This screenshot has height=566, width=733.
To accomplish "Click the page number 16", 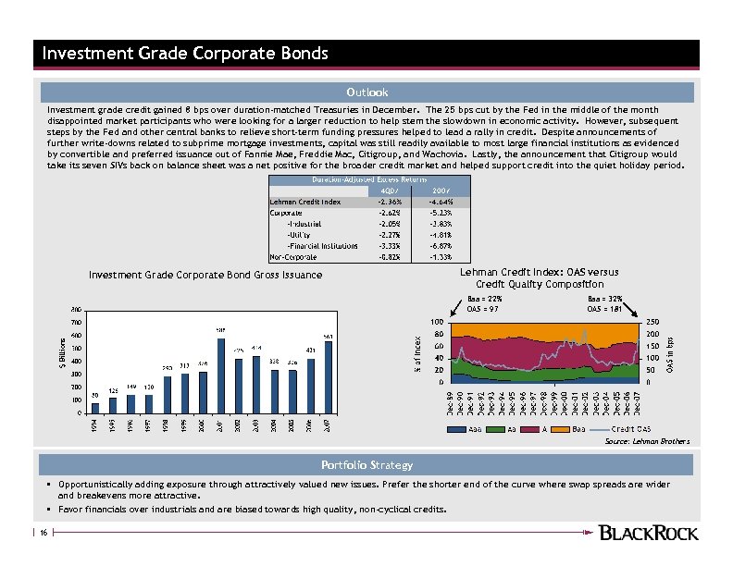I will click(43, 532).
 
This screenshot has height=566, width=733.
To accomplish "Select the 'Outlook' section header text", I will click(366, 92).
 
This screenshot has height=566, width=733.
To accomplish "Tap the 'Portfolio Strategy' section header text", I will click(366, 464).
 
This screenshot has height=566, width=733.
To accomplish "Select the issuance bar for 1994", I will click(94, 408).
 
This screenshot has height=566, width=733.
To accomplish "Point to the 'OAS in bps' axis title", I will click(670, 351).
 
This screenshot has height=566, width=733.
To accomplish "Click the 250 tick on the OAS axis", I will click(652, 322).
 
